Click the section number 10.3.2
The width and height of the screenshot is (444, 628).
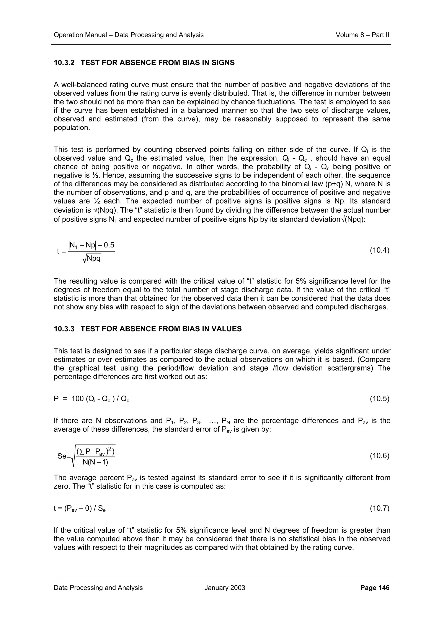[x=64, y=63]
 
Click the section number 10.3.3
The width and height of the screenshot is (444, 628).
[x=64, y=329]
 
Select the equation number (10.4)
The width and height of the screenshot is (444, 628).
[x=379, y=251]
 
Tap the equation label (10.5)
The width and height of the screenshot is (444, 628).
[x=379, y=399]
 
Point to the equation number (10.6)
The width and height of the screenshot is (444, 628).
[x=379, y=456]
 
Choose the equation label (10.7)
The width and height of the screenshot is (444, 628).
[x=379, y=508]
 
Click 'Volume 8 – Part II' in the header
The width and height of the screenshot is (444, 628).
[x=362, y=35]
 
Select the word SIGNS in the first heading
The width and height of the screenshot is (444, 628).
[x=223, y=63]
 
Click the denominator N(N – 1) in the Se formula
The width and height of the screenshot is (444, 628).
[x=95, y=462]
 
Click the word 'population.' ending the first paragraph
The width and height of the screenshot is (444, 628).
[x=72, y=128]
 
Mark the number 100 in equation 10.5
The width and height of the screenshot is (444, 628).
[x=77, y=399]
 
